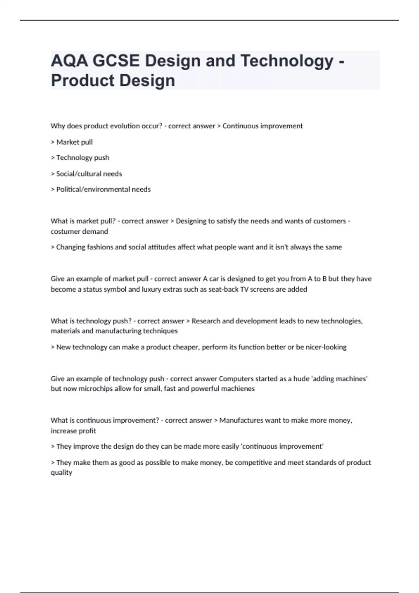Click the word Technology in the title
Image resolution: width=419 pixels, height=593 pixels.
287,61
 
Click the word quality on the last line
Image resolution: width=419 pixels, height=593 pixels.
61,473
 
